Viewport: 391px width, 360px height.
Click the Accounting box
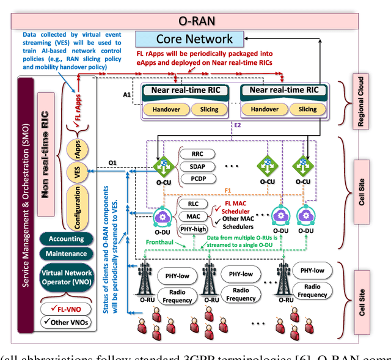pos(67,238)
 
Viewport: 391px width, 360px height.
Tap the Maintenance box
pos(67,253)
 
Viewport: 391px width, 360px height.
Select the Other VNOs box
pos(67,323)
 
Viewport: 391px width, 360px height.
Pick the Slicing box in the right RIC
pos(307,109)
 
